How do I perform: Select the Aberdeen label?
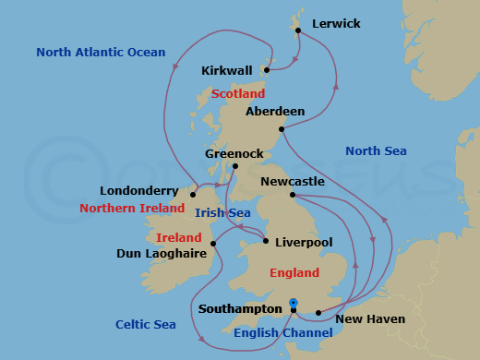tap(275, 112)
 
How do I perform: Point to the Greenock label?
tap(234, 153)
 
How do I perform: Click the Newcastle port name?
tap(293, 182)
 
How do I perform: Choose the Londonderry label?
tap(141, 191)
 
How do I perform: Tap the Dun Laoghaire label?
tap(162, 253)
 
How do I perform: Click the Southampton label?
tap(240, 309)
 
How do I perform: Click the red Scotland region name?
tap(237, 94)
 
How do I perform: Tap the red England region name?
tap(294, 273)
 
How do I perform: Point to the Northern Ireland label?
tap(133, 209)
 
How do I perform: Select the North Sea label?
tap(376, 151)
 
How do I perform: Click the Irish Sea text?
tap(222, 213)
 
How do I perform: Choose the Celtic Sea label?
tap(146, 324)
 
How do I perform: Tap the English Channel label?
tap(282, 333)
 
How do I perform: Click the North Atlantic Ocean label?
tap(101, 53)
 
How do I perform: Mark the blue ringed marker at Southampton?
tap(294, 302)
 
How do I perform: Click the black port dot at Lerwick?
tap(298, 30)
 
